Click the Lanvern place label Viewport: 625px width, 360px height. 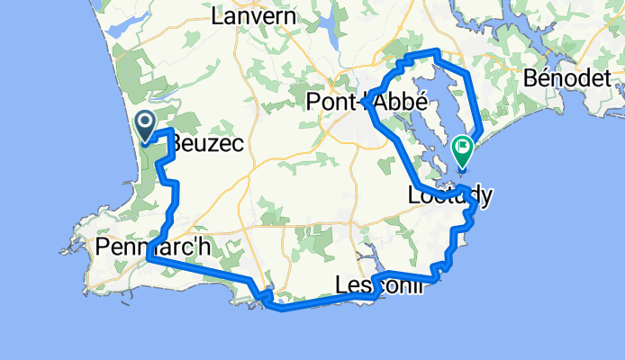[247, 15]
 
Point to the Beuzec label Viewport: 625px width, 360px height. [207, 142]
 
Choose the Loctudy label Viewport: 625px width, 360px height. [448, 194]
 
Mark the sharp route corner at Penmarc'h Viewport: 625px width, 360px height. [147, 259]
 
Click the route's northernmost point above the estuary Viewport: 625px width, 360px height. [437, 51]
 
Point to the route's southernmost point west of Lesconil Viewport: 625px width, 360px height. [283, 310]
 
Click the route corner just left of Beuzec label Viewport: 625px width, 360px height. [170, 132]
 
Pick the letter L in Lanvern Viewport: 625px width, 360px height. [216, 16]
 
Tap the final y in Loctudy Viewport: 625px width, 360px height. [483, 196]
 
